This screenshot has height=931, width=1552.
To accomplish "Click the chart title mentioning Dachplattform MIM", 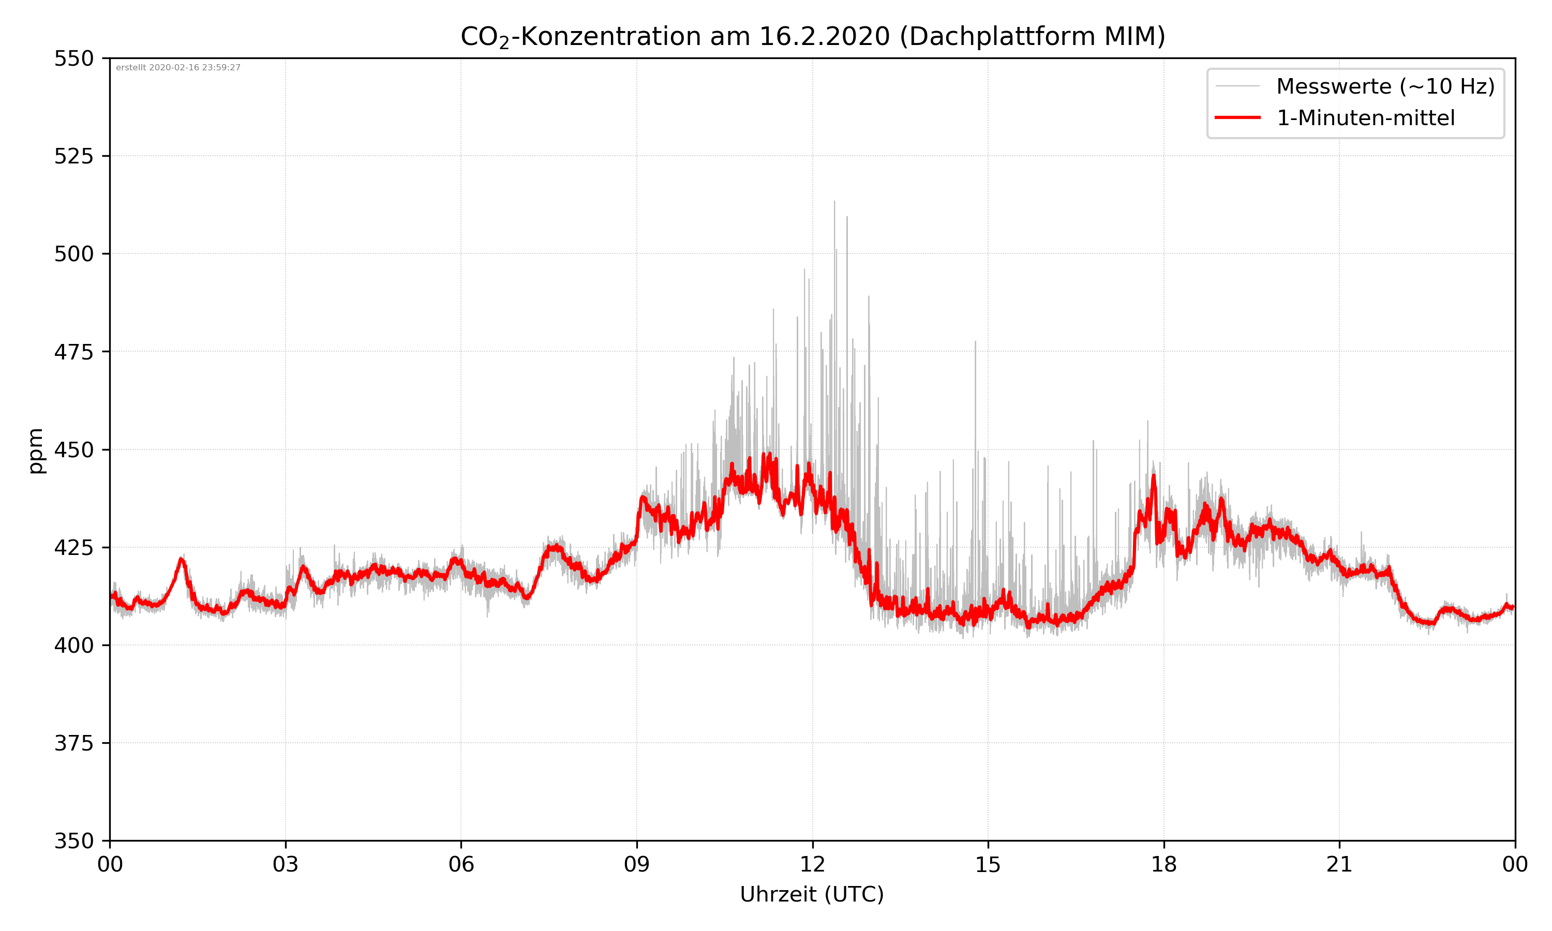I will click(812, 36).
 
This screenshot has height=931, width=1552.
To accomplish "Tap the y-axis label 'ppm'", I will click(36, 451).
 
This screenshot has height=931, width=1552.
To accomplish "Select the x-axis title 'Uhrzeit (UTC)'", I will click(812, 894).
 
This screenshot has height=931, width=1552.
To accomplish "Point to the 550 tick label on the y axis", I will click(73, 58).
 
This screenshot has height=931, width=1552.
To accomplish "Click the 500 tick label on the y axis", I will click(73, 254).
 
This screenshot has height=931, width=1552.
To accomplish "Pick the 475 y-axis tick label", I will click(73, 352).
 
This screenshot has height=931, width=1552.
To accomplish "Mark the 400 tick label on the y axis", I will click(73, 645).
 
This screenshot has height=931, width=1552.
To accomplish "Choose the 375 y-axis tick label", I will click(73, 743).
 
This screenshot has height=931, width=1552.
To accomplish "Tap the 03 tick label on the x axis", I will click(286, 864).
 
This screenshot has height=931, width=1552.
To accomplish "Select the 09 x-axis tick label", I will click(637, 864).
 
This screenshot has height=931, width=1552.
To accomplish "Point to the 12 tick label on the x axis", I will click(812, 864).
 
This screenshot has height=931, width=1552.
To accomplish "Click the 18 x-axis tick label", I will click(1163, 864).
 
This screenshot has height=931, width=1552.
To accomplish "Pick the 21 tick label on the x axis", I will click(1339, 864).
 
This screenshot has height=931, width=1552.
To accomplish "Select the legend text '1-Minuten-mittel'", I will click(1366, 118).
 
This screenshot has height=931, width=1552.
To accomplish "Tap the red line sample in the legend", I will click(1237, 117).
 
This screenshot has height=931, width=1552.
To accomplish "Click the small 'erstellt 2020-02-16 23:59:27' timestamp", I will click(178, 68).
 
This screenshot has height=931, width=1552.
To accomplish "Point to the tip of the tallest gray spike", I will click(834, 201).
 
